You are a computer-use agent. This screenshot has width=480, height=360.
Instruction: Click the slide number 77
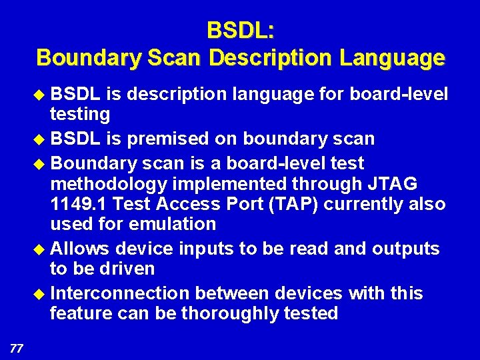coord(17,347)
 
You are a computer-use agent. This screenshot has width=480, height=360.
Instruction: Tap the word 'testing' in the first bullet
coord(80,114)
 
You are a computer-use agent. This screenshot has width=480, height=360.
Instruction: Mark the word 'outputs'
coord(406,249)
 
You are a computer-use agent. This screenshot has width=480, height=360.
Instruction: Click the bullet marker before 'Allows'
coord(41,249)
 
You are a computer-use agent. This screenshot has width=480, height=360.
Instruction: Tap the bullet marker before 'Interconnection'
coord(41,294)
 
